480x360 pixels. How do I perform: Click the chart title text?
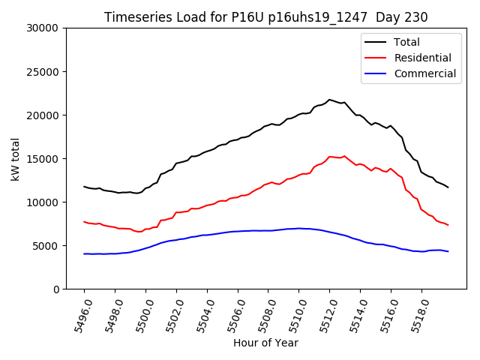click(x=265, y=17)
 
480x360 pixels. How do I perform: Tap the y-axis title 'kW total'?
click(x=16, y=158)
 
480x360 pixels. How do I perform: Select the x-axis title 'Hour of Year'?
click(x=265, y=343)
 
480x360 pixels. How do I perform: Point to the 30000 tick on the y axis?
click(x=43, y=28)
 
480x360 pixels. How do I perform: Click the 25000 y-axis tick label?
click(x=43, y=72)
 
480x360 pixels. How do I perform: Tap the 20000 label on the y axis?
click(x=43, y=115)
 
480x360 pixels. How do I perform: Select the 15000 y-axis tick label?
click(x=43, y=159)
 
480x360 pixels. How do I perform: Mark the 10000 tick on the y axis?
click(x=43, y=202)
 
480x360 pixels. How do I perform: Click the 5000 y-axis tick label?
click(x=46, y=246)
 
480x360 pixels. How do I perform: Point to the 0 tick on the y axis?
click(x=56, y=289)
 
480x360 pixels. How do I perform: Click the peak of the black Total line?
click(x=329, y=99)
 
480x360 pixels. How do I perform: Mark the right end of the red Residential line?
click(x=448, y=225)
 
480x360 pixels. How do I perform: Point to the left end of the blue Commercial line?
click(x=84, y=254)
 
